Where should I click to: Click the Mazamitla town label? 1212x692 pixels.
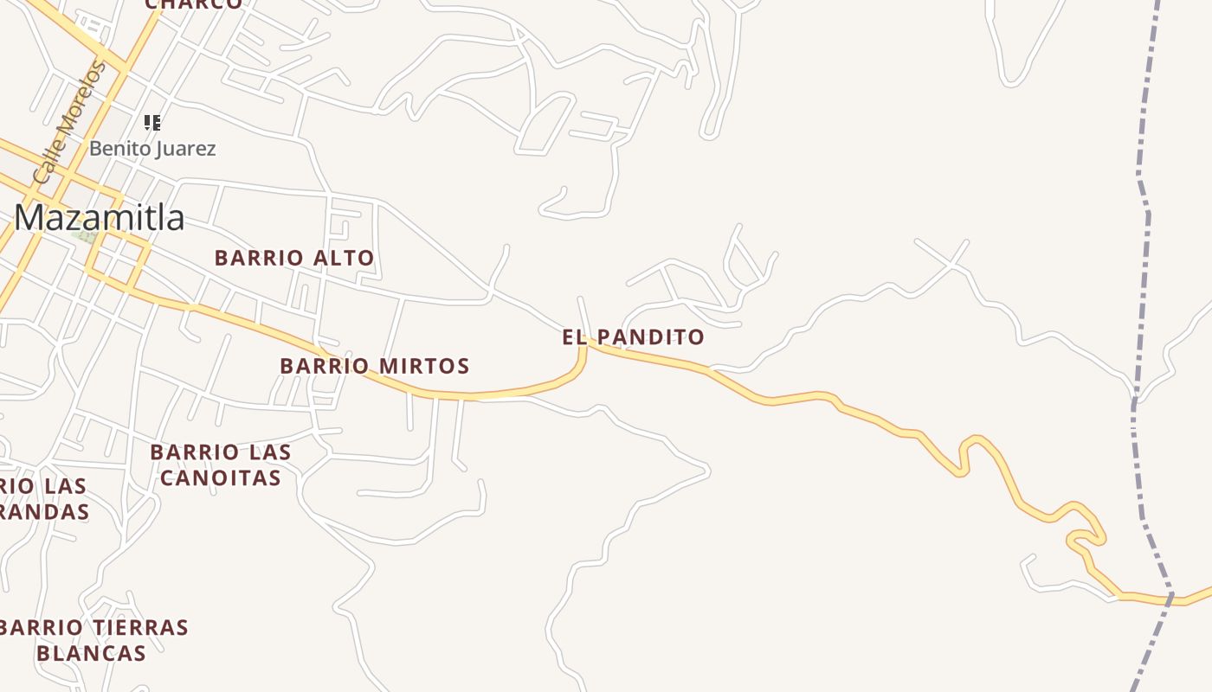[x=100, y=217]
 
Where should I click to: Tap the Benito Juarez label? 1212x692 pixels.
[x=152, y=149]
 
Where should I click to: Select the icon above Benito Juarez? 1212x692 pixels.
[x=152, y=123]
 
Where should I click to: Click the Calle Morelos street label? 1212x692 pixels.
[x=68, y=124]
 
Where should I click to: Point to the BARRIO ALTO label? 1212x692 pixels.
[x=294, y=258]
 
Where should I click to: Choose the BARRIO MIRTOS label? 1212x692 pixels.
[x=374, y=366]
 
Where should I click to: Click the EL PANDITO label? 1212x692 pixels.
[x=633, y=337]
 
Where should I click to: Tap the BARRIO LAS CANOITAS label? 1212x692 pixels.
[x=221, y=465]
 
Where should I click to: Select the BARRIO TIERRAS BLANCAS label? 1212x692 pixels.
[x=93, y=639]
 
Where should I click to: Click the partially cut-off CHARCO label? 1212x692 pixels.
[x=194, y=4]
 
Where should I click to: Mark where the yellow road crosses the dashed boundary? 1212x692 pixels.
[x=1170, y=596]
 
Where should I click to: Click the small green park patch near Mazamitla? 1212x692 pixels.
[x=84, y=235]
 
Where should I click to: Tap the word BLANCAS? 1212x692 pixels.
[x=91, y=653]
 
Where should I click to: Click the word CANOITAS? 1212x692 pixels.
[x=221, y=477]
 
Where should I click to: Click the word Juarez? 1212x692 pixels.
[x=184, y=149]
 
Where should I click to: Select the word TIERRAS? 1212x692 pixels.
[x=139, y=627]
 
